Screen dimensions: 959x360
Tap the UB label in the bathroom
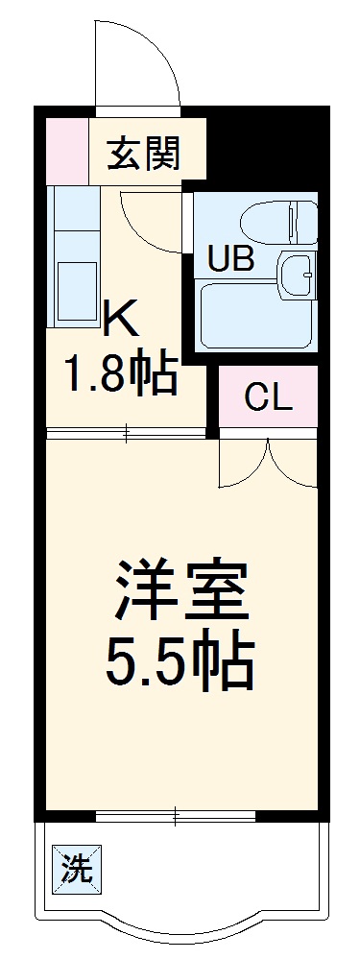[230, 260]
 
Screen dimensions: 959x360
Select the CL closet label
[267, 396]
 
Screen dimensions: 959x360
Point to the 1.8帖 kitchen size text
[121, 373]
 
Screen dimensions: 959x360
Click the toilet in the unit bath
[282, 223]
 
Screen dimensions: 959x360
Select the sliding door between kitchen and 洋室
[127, 433]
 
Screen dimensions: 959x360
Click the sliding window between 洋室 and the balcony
[177, 817]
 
